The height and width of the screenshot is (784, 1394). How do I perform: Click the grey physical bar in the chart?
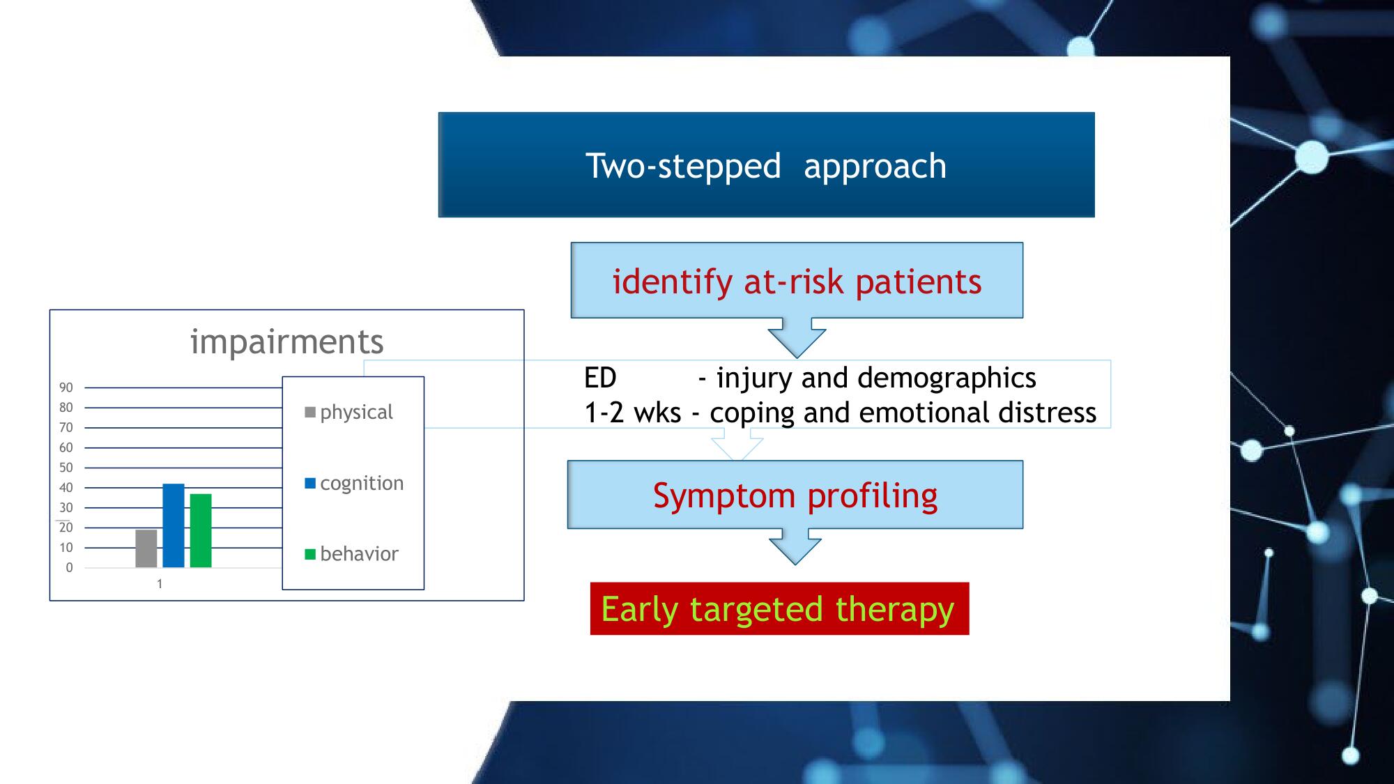coord(146,548)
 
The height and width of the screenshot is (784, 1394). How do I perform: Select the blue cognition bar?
coord(174,525)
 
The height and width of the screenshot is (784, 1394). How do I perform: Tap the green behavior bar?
coord(201,530)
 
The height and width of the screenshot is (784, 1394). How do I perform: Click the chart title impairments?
coord(287,341)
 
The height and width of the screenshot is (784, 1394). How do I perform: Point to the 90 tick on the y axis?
coord(66,387)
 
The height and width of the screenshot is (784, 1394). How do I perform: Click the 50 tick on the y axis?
coord(66,468)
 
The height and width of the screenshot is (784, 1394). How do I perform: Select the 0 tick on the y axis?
coord(69,568)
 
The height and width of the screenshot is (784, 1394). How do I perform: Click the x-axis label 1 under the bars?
coord(160,584)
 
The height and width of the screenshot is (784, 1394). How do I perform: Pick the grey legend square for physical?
coord(310,413)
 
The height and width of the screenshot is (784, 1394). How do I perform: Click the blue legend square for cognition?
coord(310,484)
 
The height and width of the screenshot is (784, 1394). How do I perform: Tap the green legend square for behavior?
coord(310,555)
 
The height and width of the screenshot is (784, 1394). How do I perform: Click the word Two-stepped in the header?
coord(683,167)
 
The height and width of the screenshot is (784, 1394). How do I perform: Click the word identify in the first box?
coord(673,283)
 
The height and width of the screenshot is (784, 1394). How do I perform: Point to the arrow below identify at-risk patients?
coord(797,338)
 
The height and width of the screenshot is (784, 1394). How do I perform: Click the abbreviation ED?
coord(600,378)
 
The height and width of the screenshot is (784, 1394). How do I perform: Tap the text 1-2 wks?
coord(632,413)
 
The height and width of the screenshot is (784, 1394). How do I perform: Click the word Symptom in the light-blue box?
coord(724,497)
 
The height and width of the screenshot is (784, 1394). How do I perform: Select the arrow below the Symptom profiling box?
coord(795,546)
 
